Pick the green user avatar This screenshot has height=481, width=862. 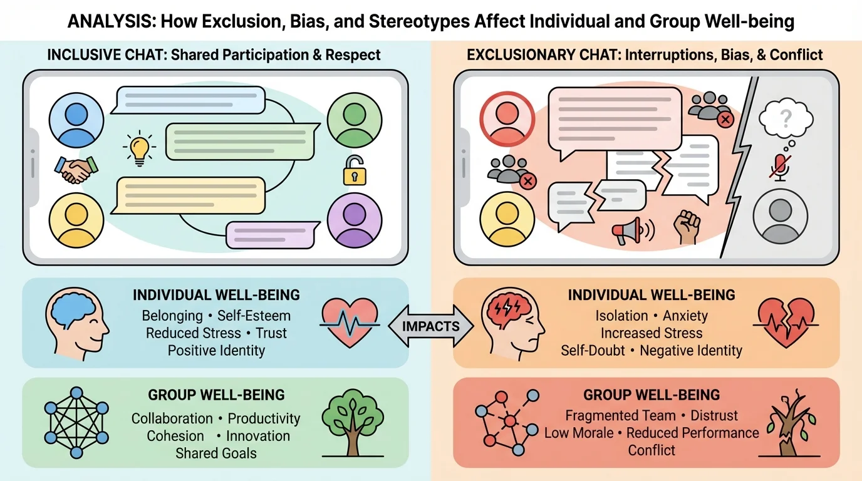pos(354,120)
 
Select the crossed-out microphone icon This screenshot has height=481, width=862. pos(780,167)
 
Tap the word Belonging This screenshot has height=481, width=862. pos(172,315)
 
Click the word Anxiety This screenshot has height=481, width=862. pos(686,316)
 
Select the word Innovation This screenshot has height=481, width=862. pos(257,436)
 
